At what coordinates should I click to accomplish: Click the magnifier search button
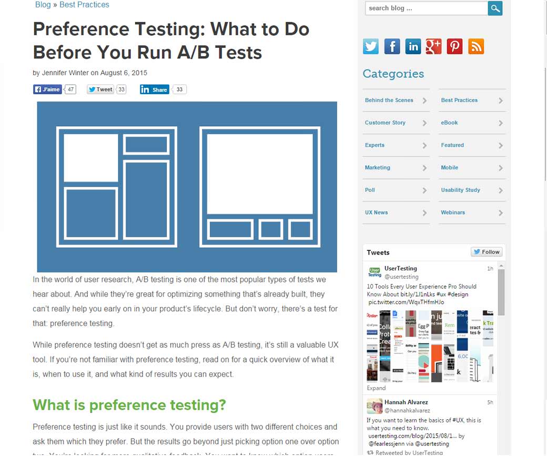click(495, 8)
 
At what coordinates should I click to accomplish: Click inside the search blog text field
click(426, 8)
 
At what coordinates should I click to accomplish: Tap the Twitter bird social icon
click(371, 46)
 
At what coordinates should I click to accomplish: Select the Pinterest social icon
click(454, 46)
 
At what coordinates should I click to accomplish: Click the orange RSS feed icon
click(475, 46)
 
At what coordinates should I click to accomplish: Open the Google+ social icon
click(433, 46)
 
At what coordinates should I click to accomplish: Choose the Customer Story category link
click(385, 123)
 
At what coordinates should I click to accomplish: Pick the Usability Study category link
click(460, 190)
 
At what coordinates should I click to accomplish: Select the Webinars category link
click(453, 212)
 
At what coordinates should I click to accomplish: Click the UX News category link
click(376, 212)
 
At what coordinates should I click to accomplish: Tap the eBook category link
click(449, 123)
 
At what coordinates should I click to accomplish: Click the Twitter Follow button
click(487, 252)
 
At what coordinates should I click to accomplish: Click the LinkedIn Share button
click(154, 89)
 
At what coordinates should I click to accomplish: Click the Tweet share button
click(100, 89)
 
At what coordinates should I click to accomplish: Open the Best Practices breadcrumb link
click(84, 5)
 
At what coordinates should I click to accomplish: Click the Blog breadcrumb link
click(43, 5)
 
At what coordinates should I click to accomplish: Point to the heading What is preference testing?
click(129, 405)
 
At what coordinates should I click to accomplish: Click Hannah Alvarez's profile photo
click(374, 406)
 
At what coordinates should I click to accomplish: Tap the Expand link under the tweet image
click(376, 388)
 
